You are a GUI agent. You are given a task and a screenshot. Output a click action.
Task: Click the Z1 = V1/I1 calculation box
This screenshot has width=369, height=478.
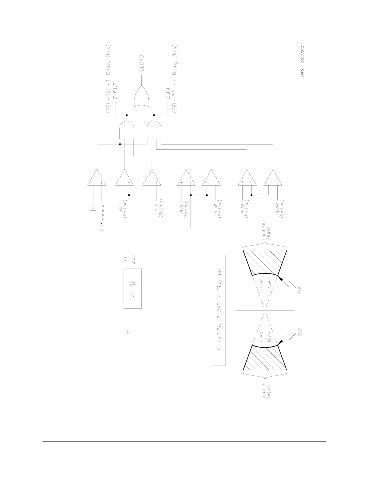(133, 288)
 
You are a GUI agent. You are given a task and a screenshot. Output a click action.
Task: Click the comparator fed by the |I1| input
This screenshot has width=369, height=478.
(96, 178)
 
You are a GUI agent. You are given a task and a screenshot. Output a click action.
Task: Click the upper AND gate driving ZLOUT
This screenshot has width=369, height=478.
(127, 129)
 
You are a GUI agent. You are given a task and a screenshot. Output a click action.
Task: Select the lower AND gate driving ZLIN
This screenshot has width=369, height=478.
(154, 129)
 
